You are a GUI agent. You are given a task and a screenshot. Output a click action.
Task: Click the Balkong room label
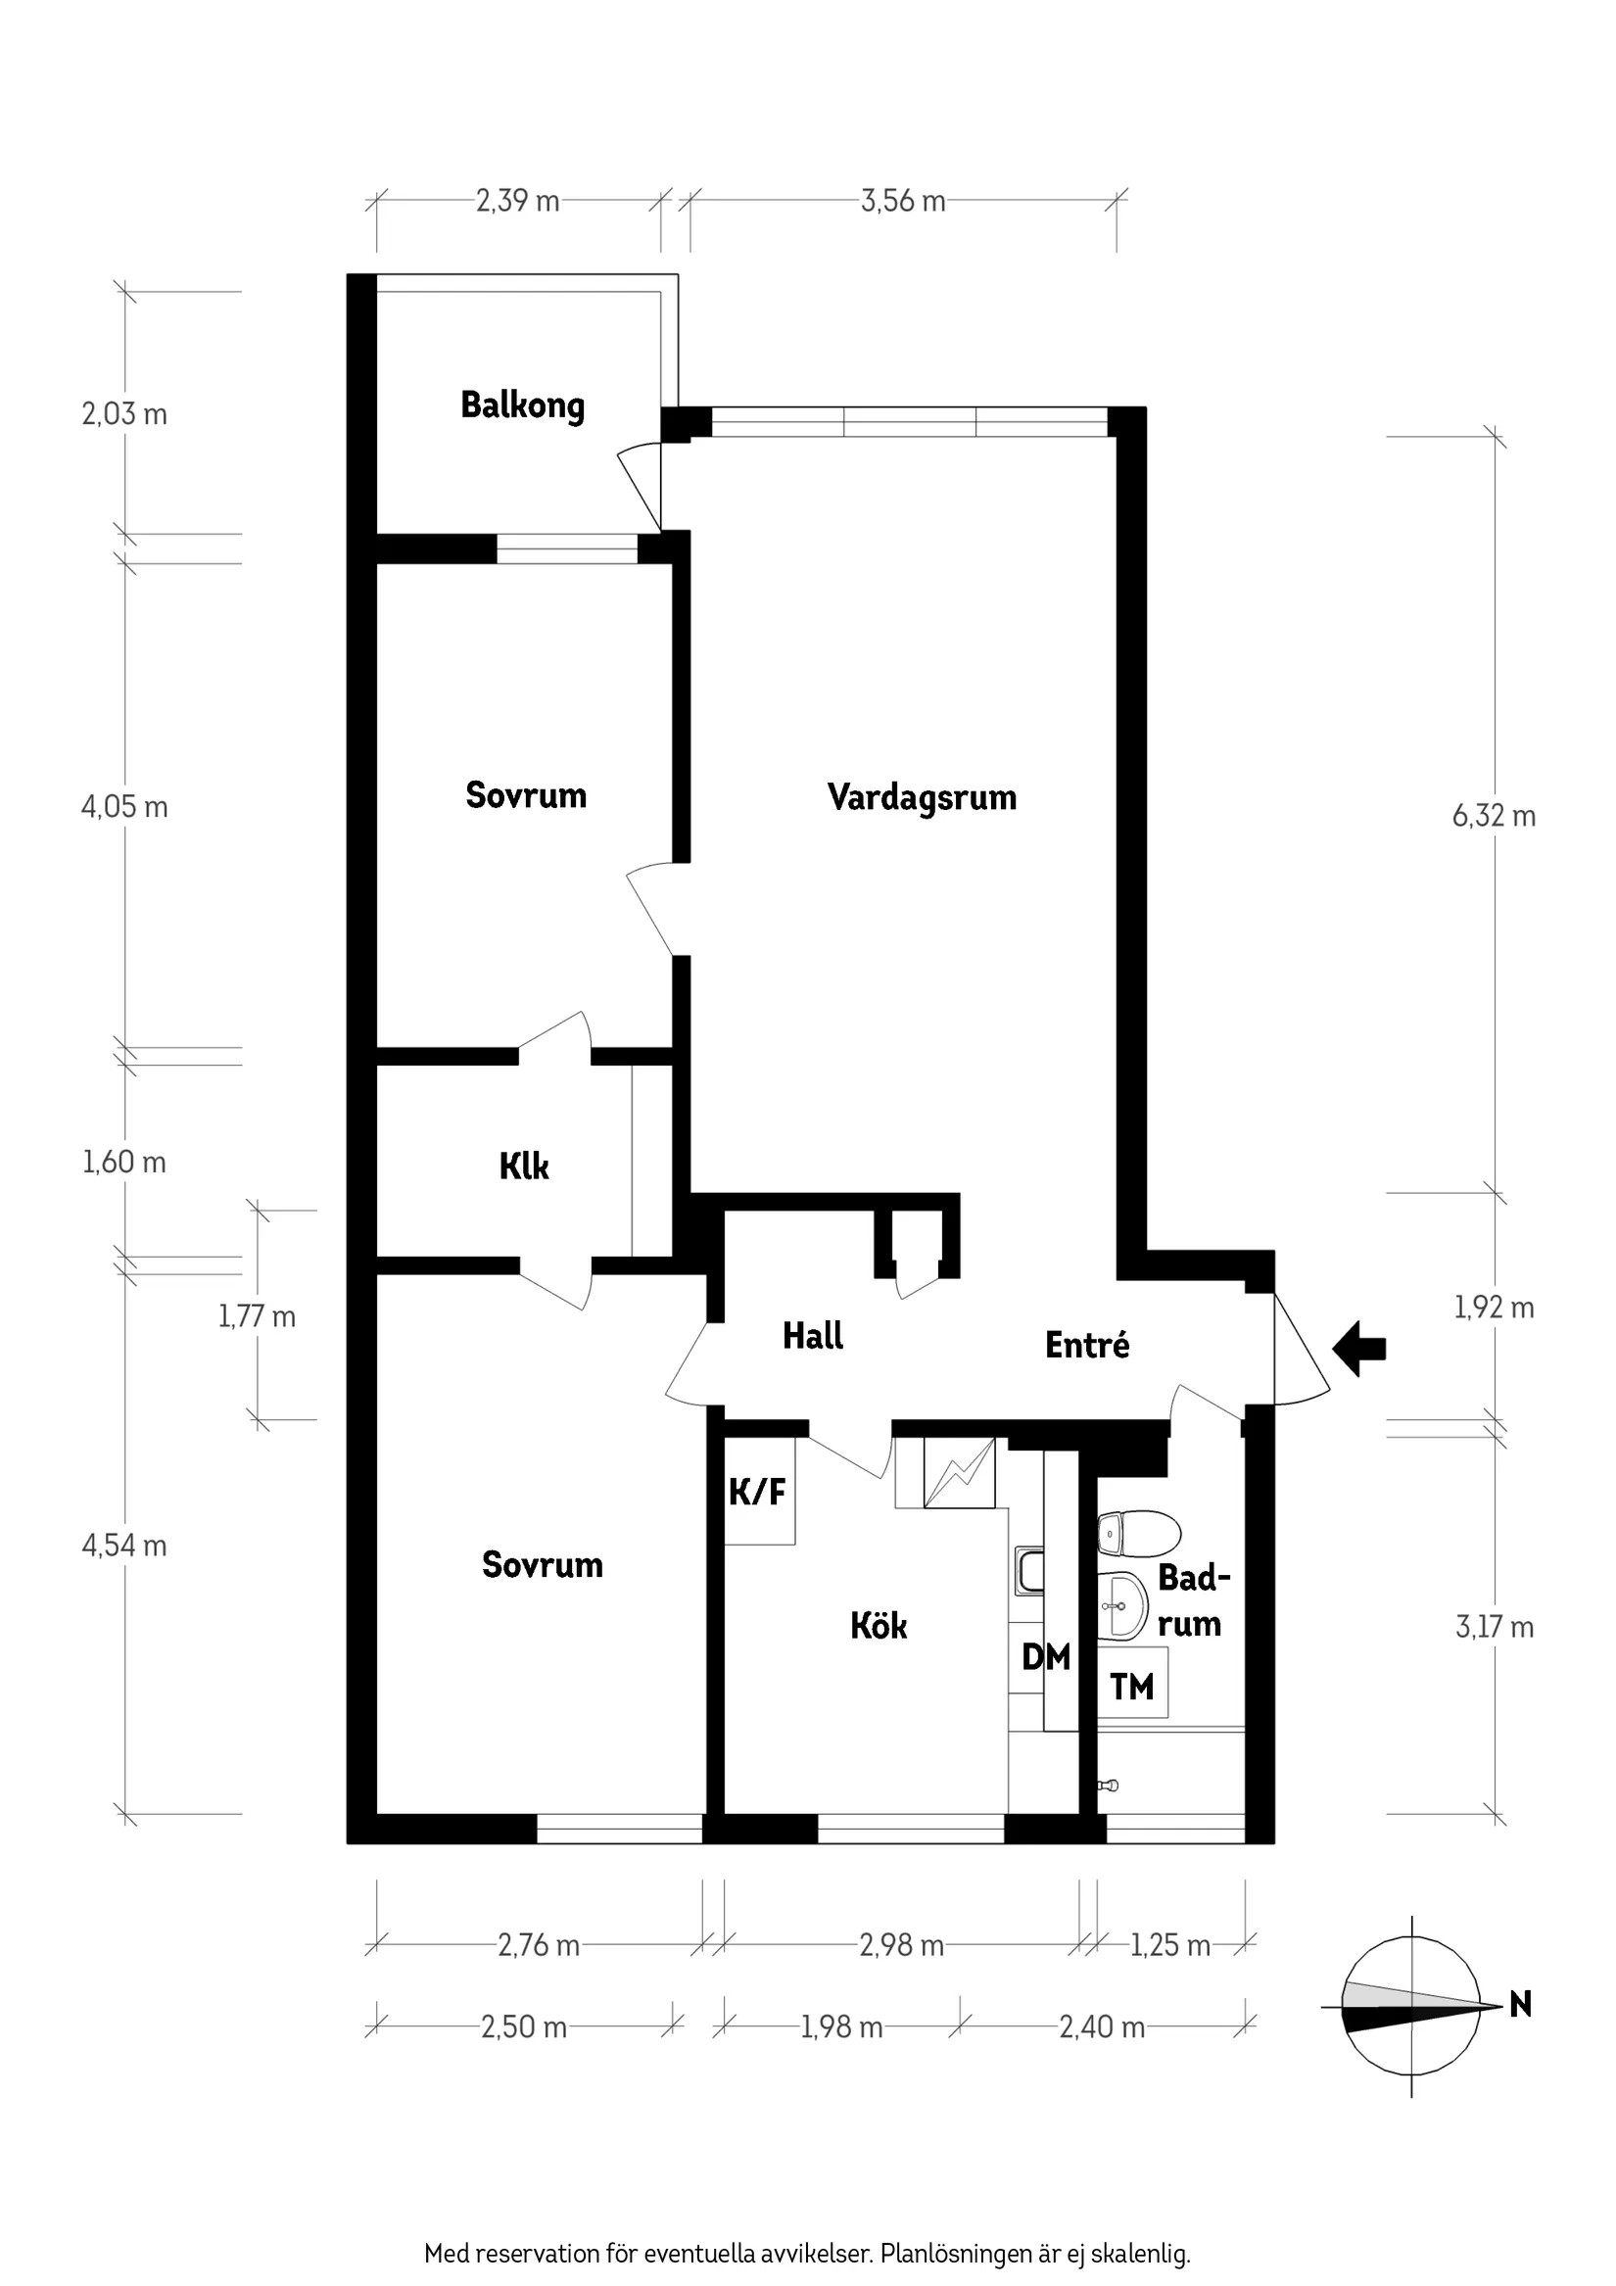pos(522,406)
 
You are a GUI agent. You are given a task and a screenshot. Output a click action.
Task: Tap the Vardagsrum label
pos(921,797)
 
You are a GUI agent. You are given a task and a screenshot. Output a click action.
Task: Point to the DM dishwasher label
pos(1045,1657)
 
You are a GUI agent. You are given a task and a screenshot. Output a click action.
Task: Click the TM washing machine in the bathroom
pos(1132,1687)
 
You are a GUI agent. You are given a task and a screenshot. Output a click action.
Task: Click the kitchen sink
pos(1029,1571)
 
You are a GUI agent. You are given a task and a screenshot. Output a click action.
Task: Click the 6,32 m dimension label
pos(1493,817)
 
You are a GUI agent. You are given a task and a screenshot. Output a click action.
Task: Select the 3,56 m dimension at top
pos(902,201)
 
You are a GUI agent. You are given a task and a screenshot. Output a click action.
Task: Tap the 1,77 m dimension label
pos(257,1317)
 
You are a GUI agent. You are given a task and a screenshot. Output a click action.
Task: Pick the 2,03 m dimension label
pos(124,414)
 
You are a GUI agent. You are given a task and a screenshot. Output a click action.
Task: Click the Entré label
pos(1086,1346)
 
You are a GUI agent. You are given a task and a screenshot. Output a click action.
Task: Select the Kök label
pos(879,1626)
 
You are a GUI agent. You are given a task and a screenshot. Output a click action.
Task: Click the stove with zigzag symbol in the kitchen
pos(959,1473)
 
